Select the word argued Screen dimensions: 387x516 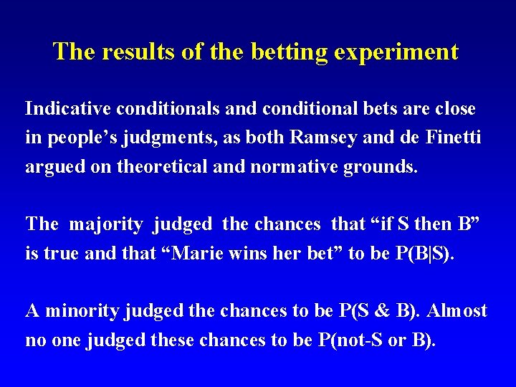tap(51, 166)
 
